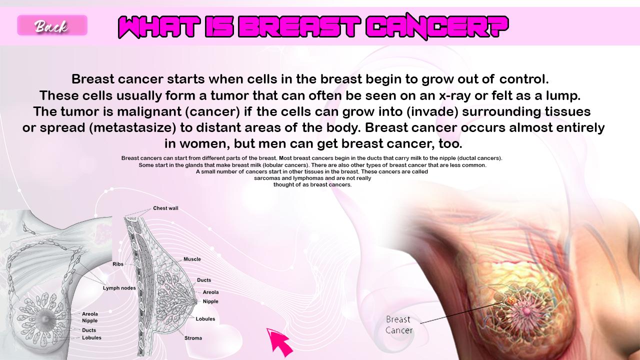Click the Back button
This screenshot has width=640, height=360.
point(52,25)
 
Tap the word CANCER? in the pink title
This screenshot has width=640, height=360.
point(437,26)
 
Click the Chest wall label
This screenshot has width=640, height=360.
point(165,208)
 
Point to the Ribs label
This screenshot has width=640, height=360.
point(118,264)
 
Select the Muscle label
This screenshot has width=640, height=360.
point(192,259)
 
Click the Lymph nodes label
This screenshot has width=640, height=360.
point(119,288)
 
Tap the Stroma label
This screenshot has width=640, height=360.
point(193,338)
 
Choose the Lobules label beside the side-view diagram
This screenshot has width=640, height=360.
point(205,319)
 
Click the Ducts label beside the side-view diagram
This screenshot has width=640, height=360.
point(204,280)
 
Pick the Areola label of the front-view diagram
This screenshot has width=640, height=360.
point(89,314)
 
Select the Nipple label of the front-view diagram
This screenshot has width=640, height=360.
point(89,320)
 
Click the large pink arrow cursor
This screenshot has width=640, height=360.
point(279,342)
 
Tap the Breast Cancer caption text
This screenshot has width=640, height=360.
point(399,325)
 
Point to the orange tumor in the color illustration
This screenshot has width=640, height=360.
point(511,300)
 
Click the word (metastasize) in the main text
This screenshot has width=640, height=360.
point(132,127)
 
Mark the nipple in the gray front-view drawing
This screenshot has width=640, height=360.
point(45,319)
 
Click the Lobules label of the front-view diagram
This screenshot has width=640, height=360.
point(91,337)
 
